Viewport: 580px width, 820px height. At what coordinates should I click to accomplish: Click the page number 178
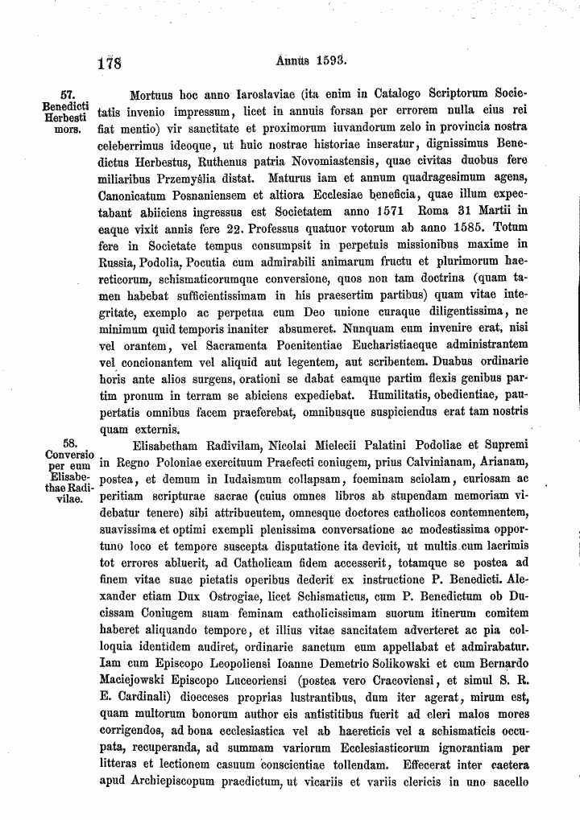[x=106, y=62]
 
